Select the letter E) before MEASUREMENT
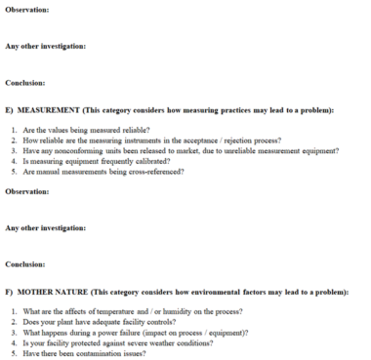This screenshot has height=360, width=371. coord(10,110)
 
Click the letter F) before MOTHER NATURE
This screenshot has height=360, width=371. coord(10,291)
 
